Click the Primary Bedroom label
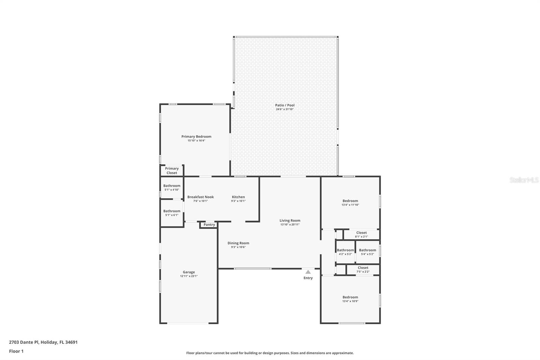tap(196, 136)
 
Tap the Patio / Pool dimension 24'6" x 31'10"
tap(285, 109)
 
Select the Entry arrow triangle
tap(308, 272)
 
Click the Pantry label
tap(209, 225)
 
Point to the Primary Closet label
tap(171, 171)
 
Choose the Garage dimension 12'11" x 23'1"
tap(189, 276)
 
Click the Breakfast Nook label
tap(200, 197)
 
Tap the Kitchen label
tap(238, 197)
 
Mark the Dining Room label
tap(238, 243)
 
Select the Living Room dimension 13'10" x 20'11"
tap(290, 225)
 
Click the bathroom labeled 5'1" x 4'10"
tap(172, 187)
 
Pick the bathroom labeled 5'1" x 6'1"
tap(172, 213)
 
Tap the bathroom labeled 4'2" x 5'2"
tap(345, 252)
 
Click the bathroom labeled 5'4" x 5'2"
tap(367, 252)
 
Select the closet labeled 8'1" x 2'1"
tap(361, 234)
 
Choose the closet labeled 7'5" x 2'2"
tap(363, 269)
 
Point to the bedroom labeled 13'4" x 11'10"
tap(350, 202)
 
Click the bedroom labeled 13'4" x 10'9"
tap(350, 299)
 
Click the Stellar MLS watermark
tap(524, 180)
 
